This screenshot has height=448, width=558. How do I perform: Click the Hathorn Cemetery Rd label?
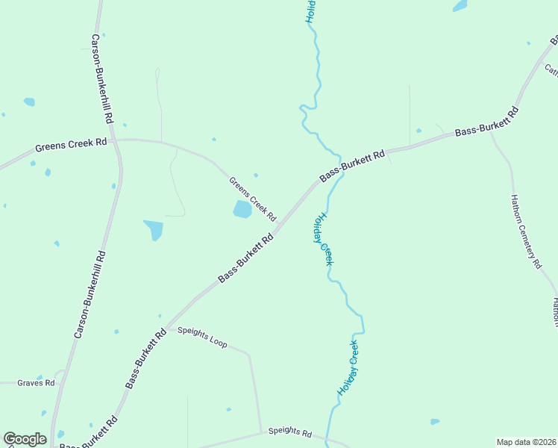(525, 231)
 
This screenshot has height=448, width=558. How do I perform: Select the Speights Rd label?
(289, 432)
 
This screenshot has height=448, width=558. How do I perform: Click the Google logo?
(25, 439)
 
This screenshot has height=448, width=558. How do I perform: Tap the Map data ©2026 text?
(526, 442)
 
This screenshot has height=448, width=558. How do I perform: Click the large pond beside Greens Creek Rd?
(242, 209)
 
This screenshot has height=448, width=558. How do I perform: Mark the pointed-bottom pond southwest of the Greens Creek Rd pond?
(154, 229)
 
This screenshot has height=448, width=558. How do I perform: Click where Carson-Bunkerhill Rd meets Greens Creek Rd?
(116, 140)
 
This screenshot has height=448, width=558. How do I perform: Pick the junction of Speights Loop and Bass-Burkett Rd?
(169, 327)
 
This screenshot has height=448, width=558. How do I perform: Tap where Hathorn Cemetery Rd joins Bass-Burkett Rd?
(490, 131)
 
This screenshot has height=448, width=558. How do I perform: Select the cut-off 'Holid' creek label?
(312, 11)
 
